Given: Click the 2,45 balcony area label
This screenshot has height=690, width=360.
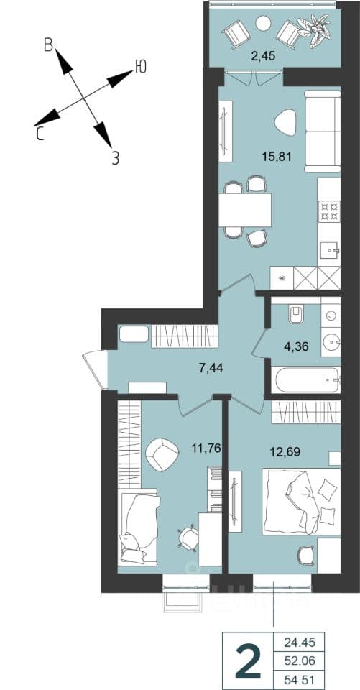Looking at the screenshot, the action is (x=263, y=56).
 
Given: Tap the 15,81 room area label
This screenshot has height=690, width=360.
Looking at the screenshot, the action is (x=277, y=156).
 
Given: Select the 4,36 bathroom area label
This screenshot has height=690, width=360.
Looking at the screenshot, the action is (x=296, y=346).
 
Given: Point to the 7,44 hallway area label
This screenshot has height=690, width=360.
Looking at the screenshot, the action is (x=211, y=367).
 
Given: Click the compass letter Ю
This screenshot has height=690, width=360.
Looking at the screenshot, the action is (x=140, y=67).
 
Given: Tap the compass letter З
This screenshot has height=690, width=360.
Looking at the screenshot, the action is (x=115, y=158).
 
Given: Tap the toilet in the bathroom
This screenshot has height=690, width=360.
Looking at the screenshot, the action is (x=295, y=315).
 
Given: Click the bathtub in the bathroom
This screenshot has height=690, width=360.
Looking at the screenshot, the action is (x=305, y=379).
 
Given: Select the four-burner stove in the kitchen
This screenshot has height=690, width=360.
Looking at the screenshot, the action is (x=329, y=211).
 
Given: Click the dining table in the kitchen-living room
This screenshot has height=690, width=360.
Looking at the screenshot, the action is (x=245, y=210).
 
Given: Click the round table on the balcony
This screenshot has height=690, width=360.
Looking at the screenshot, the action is (x=264, y=22).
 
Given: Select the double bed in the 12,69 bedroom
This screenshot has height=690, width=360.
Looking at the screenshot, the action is (x=301, y=502).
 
